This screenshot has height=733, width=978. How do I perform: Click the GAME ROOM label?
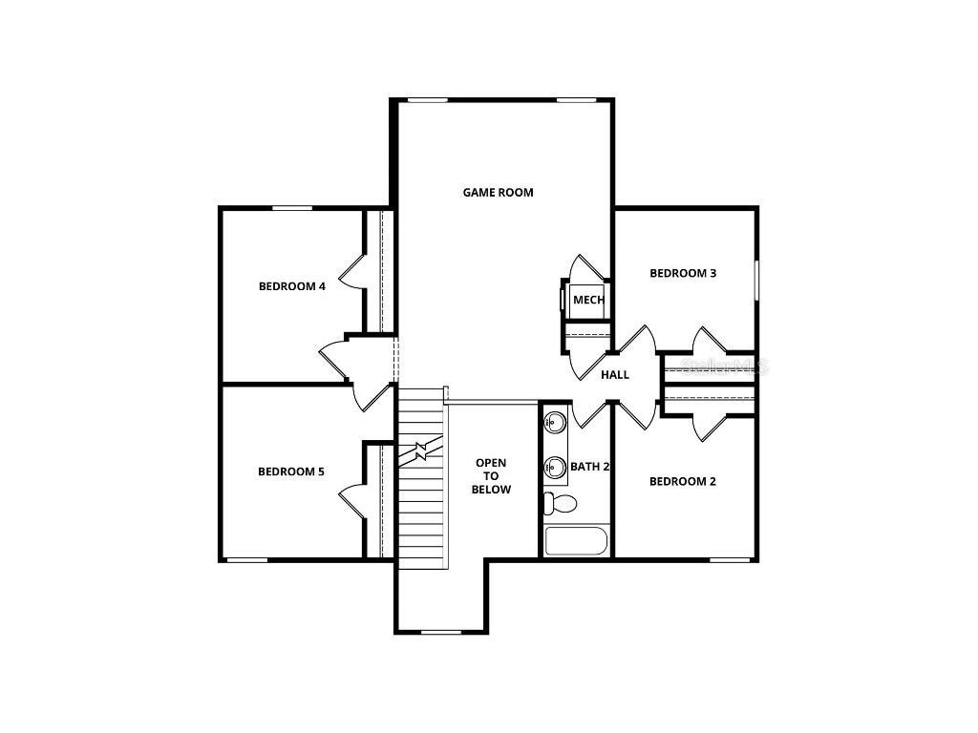pyautogui.click(x=498, y=192)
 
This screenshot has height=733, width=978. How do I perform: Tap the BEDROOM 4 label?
pyautogui.click(x=292, y=285)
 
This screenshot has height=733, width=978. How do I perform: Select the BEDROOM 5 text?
pyautogui.click(x=291, y=471)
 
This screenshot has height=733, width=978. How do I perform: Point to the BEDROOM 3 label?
pyautogui.click(x=683, y=273)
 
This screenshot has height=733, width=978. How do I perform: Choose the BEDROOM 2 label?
pyautogui.click(x=682, y=481)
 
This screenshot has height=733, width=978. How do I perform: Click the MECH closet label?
pyautogui.click(x=588, y=300)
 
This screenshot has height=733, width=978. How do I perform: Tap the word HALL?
pyautogui.click(x=615, y=374)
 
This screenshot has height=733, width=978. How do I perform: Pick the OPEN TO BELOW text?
pyautogui.click(x=493, y=476)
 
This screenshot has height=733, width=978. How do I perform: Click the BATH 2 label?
pyautogui.click(x=590, y=467)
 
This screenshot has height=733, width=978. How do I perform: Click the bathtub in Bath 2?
pyautogui.click(x=576, y=541)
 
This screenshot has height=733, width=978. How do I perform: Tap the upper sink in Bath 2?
pyautogui.click(x=555, y=421)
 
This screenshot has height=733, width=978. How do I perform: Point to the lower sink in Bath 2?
pyautogui.click(x=555, y=468)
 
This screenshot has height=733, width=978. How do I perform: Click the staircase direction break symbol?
pyautogui.click(x=421, y=450)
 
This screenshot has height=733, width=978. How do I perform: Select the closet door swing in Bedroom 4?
pyautogui.click(x=352, y=270)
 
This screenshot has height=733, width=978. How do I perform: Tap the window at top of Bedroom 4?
pyautogui.click(x=292, y=208)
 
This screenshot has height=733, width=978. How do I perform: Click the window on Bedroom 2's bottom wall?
pyautogui.click(x=730, y=558)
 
